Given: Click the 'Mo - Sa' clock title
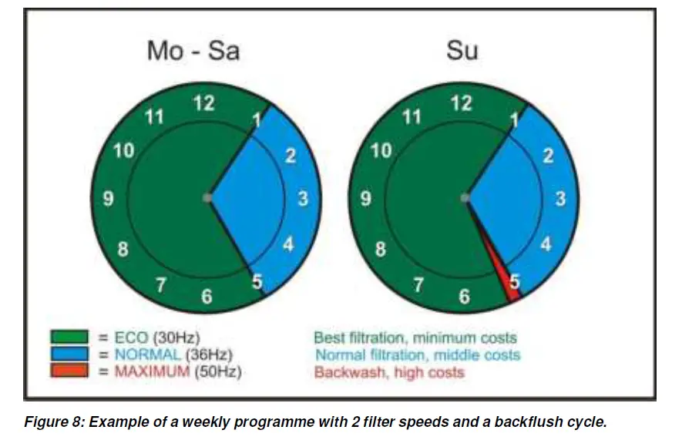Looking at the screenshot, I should (x=193, y=51).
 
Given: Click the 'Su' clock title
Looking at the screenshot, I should (x=462, y=51).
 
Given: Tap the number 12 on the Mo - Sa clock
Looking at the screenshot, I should (x=203, y=103).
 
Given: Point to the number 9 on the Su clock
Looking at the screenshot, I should (x=366, y=199).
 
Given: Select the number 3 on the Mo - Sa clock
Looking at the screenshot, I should (x=304, y=199).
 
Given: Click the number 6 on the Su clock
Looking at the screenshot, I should (x=463, y=297).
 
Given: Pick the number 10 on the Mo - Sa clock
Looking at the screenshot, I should (x=124, y=151).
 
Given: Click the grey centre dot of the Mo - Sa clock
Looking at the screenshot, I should (x=207, y=198).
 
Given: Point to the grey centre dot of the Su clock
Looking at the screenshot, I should (x=465, y=198).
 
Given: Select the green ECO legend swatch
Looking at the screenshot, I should (x=70, y=338).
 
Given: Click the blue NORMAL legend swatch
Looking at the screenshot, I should (x=70, y=355).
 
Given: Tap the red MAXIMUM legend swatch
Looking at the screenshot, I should (x=70, y=372).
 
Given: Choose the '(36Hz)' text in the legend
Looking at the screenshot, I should (x=208, y=355).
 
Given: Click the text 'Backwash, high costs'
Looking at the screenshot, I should (x=389, y=373).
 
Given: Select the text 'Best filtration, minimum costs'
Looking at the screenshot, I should (x=415, y=338).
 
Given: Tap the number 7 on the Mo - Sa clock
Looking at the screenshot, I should (x=161, y=285).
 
